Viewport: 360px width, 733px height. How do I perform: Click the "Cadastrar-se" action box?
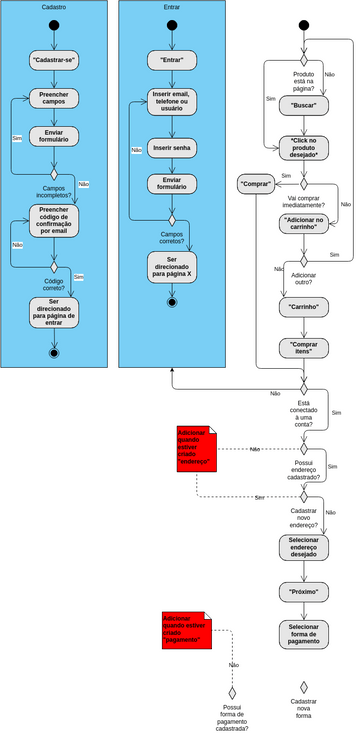pyautogui.click(x=54, y=60)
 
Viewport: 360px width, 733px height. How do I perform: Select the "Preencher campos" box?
pyautogui.click(x=54, y=98)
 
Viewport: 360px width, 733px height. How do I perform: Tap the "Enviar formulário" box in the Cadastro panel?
pyautogui.click(x=54, y=136)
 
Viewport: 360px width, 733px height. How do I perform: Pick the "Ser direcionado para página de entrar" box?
pyautogui.click(x=54, y=311)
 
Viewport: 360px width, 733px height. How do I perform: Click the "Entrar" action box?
pyautogui.click(x=171, y=60)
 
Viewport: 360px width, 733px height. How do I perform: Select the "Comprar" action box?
pyautogui.click(x=257, y=184)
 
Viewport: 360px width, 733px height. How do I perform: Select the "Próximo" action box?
pyautogui.click(x=304, y=592)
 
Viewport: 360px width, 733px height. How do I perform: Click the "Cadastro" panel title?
pyautogui.click(x=54, y=6)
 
